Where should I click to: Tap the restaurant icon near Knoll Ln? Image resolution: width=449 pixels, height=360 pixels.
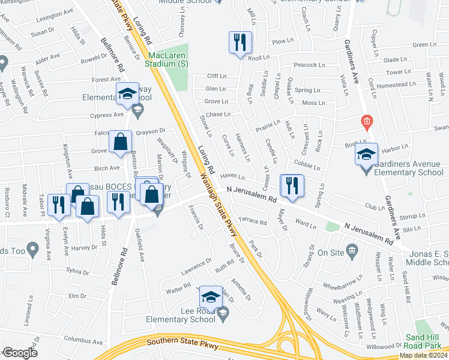[x=240, y=43]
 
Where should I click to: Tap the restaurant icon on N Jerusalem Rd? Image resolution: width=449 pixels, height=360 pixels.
[x=292, y=185]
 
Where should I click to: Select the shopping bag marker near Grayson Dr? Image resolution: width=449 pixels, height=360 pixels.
[x=121, y=143]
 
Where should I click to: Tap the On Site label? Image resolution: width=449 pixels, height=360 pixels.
[x=330, y=253]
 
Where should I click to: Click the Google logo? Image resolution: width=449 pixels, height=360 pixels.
[x=20, y=353]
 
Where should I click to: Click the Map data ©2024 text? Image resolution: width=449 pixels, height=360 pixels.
[x=424, y=355]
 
